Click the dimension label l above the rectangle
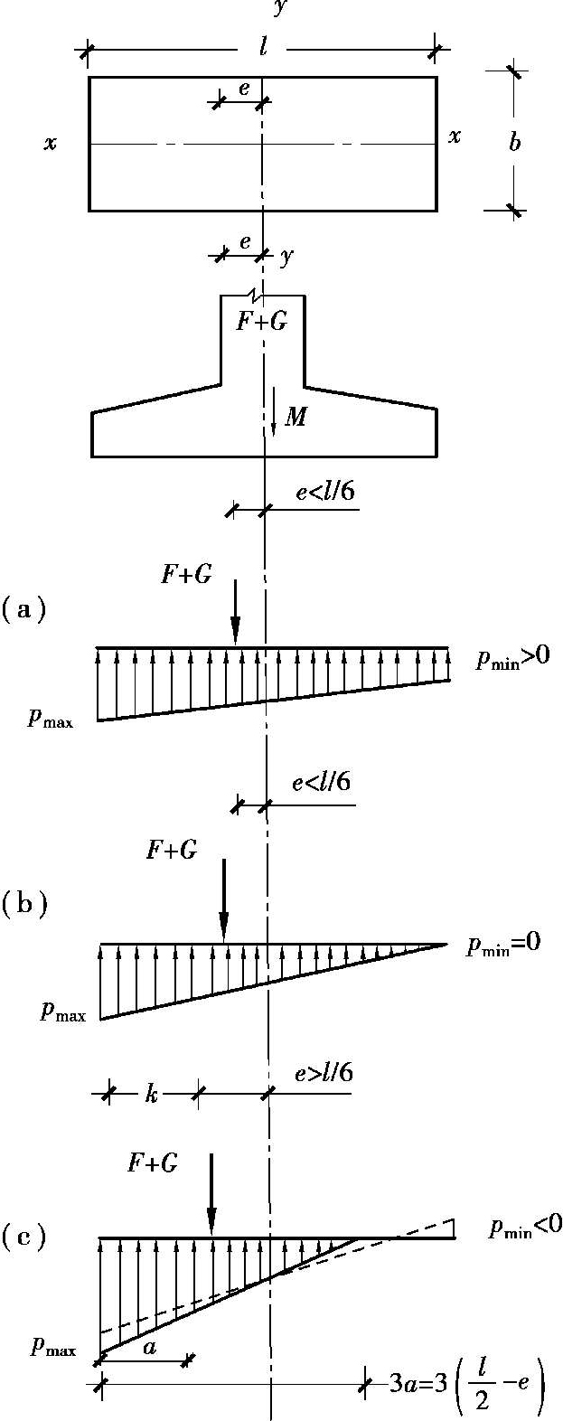pyautogui.click(x=262, y=46)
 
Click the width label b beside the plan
pyautogui.click(x=514, y=142)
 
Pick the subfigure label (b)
pyautogui.click(x=24, y=903)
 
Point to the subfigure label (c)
pyautogui.click(x=24, y=1235)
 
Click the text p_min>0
pyautogui.click(x=513, y=661)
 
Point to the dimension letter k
pyautogui.click(x=152, y=1094)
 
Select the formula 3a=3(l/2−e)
pyautogui.click(x=466, y=1385)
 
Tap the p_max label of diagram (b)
pyautogui.click(x=62, y=1012)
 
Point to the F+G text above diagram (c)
pyautogui.click(x=152, y=1163)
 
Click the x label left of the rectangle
pyautogui.click(x=51, y=143)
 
